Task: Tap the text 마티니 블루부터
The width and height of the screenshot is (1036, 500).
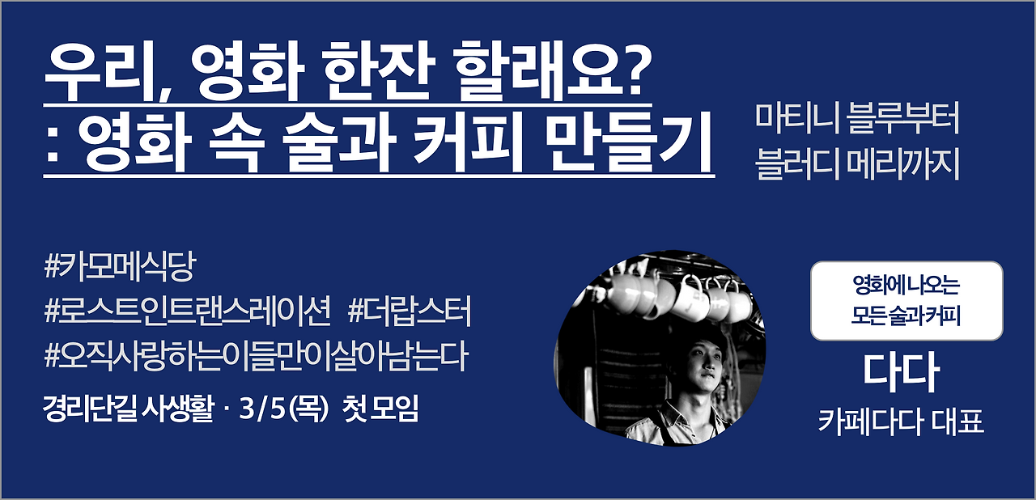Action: pos(856,120)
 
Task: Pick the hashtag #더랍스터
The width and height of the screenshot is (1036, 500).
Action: pos(410,311)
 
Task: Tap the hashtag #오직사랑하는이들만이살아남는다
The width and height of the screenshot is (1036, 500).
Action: pos(257,356)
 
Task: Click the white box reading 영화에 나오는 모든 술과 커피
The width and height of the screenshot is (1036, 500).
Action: pos(906,300)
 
